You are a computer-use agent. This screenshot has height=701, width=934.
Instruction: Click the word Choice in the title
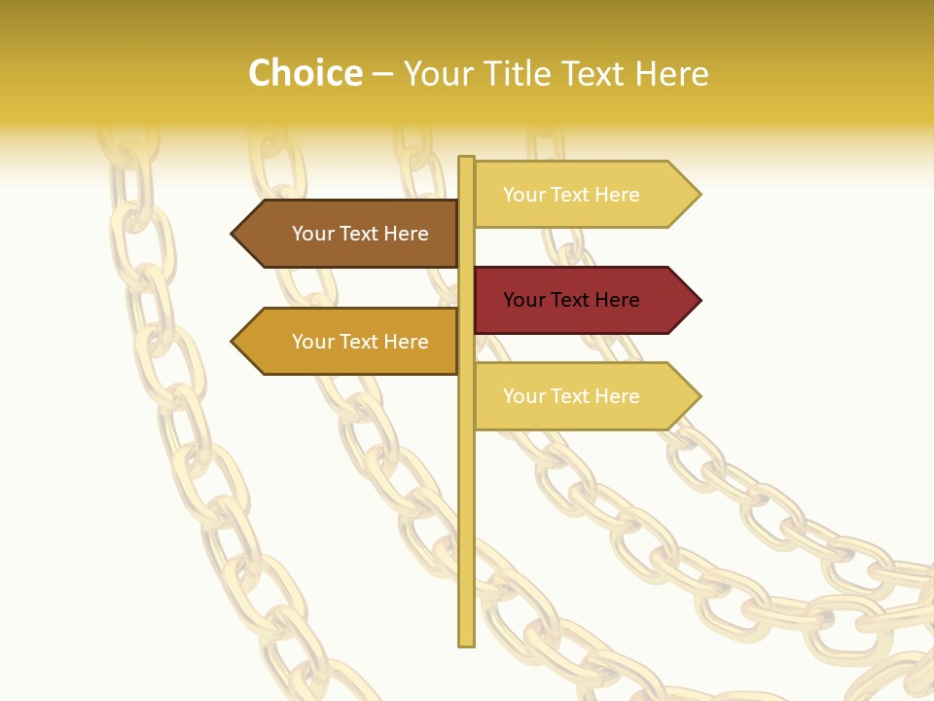(x=305, y=74)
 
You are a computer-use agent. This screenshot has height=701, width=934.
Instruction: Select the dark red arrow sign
(x=584, y=300)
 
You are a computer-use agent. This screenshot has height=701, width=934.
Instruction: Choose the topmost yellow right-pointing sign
(x=584, y=195)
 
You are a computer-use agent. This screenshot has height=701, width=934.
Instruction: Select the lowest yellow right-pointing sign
(x=584, y=396)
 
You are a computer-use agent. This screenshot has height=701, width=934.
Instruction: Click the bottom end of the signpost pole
(x=466, y=643)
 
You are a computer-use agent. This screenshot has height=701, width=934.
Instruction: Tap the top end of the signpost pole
(x=466, y=159)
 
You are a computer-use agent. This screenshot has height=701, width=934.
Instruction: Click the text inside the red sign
(x=571, y=300)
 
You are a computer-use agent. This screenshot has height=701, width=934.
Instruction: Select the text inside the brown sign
(x=360, y=234)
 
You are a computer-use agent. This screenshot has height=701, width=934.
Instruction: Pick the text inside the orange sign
(x=360, y=342)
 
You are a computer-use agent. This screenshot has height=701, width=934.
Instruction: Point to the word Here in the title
(x=671, y=74)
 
